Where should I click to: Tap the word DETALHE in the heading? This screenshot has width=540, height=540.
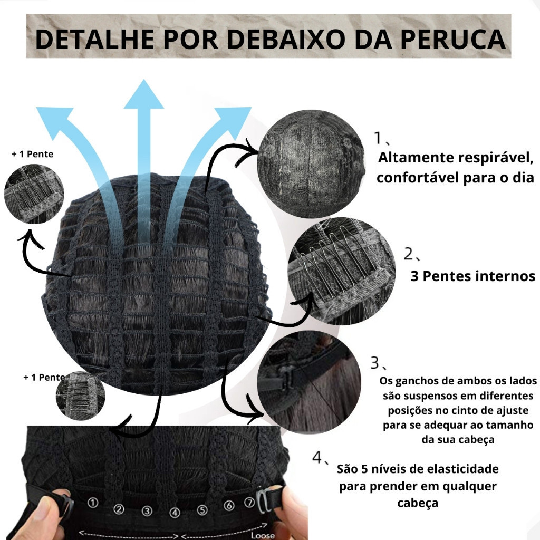[95, 39]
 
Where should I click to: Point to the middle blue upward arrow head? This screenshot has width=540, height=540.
[143, 95]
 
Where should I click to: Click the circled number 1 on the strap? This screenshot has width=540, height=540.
[92, 503]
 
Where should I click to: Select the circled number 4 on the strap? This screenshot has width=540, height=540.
[175, 513]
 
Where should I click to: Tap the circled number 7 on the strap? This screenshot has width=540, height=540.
[249, 503]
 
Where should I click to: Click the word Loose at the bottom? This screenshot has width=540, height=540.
[263, 535]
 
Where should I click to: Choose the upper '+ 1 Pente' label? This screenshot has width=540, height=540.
[32, 154]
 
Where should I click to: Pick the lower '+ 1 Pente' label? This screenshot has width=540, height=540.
[44, 378]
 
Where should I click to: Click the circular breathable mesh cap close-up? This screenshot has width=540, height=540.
[311, 163]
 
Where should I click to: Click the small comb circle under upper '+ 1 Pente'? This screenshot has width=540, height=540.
[34, 194]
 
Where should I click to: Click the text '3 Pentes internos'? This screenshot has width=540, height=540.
[472, 276]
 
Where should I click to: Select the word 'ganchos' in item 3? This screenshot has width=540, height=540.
[416, 381]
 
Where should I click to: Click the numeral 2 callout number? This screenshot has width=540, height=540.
[409, 254]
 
